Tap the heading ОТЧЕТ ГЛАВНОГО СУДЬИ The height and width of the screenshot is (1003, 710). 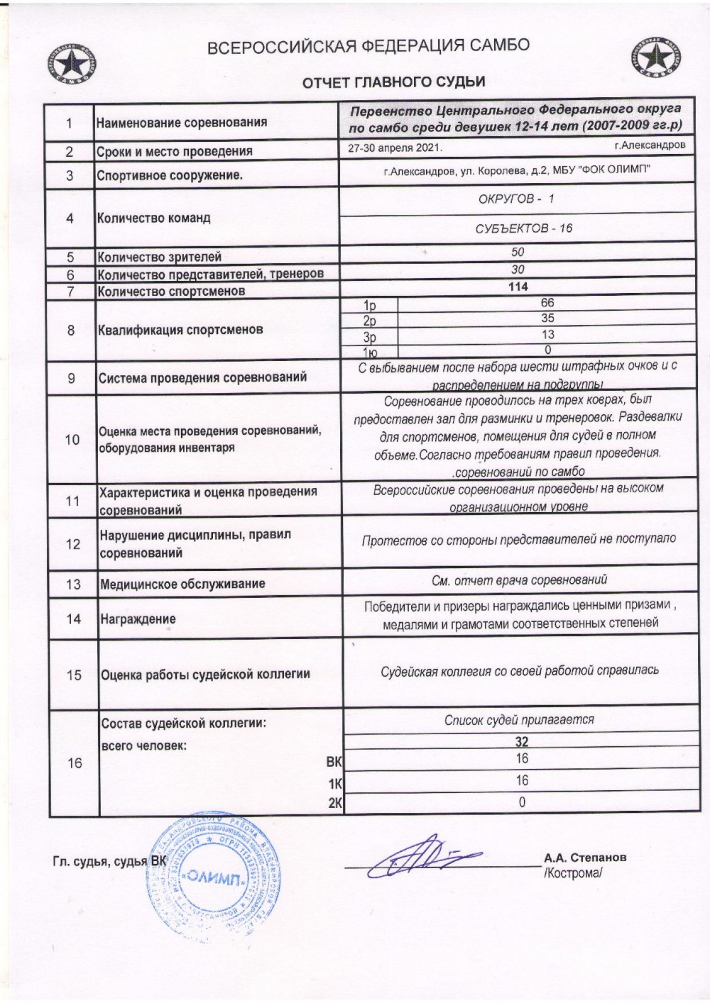point(394,82)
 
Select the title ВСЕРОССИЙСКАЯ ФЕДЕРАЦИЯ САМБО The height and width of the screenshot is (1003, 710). point(368,47)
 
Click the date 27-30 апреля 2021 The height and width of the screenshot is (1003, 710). point(395,148)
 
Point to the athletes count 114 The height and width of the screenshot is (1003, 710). point(518,287)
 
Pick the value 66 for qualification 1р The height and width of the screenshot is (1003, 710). point(547,303)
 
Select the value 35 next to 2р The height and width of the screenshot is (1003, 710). point(547,318)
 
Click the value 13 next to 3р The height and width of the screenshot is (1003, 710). point(547,334)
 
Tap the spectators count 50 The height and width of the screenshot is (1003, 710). point(518,253)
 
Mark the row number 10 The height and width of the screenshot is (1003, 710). point(72,440)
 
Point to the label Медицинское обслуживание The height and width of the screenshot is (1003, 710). point(182,584)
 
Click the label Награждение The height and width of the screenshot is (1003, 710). point(138,619)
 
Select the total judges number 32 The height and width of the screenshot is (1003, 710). point(522,743)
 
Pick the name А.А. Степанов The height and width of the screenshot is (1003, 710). point(584,857)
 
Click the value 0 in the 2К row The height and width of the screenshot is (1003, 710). point(522,802)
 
